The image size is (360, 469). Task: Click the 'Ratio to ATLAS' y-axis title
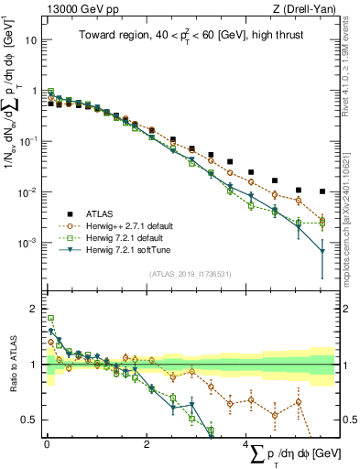pyautogui.click(x=11, y=365)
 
